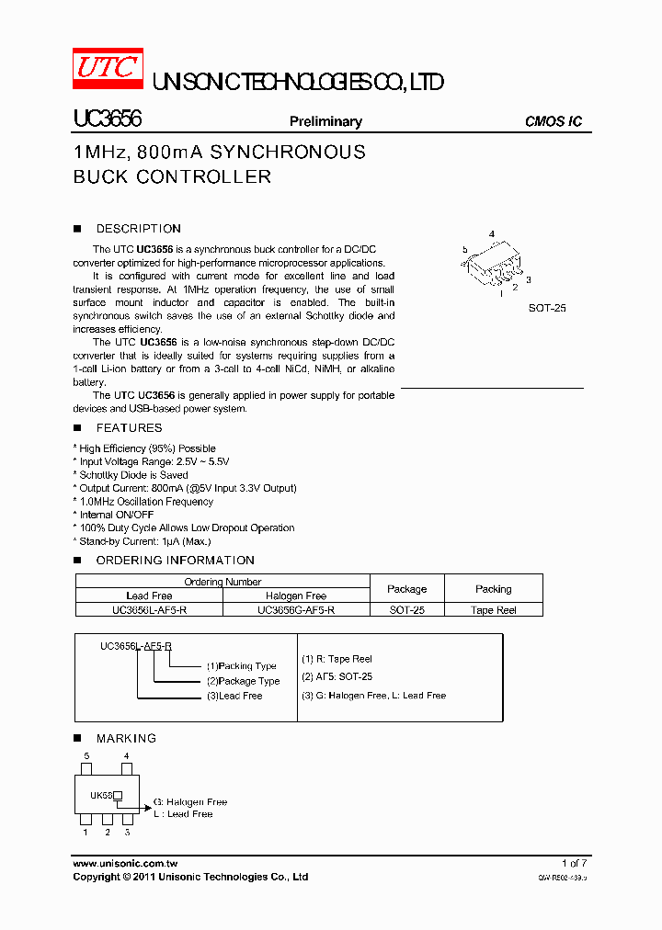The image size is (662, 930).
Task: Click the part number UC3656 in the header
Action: point(106,119)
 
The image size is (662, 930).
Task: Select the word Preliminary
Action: point(325,121)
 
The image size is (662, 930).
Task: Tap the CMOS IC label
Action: point(553,121)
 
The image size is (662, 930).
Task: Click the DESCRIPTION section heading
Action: point(138,229)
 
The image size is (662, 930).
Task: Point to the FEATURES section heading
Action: point(129,428)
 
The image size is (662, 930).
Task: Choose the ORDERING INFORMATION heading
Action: point(175,561)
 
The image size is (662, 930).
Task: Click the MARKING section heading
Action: point(126,739)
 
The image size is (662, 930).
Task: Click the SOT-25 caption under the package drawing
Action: point(547,308)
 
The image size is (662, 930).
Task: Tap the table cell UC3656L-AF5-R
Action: point(149,609)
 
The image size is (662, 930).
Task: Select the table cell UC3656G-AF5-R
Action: point(296,609)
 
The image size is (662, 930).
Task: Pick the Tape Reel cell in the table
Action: point(494,609)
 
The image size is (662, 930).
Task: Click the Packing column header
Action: point(494,589)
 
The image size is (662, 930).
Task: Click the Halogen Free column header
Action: point(296,595)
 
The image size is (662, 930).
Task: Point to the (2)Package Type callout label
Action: point(243,681)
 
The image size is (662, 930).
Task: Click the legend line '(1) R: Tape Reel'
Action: point(337,659)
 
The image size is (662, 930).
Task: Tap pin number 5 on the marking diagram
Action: point(86,755)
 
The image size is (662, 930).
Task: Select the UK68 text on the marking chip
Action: point(100,796)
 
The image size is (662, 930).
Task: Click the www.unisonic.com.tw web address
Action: point(125,864)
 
